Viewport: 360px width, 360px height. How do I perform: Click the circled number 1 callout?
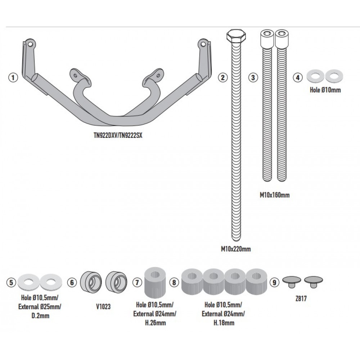tap(13, 77)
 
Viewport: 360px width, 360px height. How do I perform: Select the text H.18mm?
tap(223, 323)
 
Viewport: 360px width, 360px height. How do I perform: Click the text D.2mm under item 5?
tap(40, 316)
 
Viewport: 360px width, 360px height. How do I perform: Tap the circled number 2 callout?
tap(223, 77)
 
